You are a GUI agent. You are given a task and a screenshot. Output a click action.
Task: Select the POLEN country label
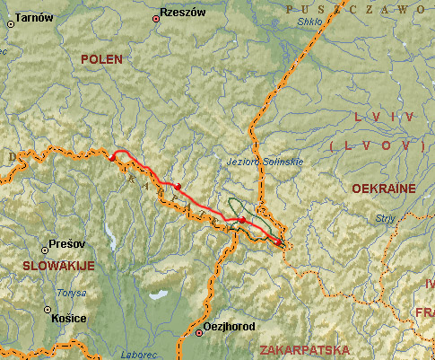click(x=100, y=59)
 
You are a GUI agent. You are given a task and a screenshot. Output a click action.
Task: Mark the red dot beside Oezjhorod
click(x=199, y=333)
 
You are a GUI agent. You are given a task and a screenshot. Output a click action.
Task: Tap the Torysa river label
click(x=72, y=293)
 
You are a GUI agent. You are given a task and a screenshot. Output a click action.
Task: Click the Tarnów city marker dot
click(x=11, y=24)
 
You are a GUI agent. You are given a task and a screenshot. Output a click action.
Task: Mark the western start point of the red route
click(x=112, y=157)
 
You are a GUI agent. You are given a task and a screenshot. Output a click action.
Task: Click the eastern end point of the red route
click(x=278, y=241)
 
